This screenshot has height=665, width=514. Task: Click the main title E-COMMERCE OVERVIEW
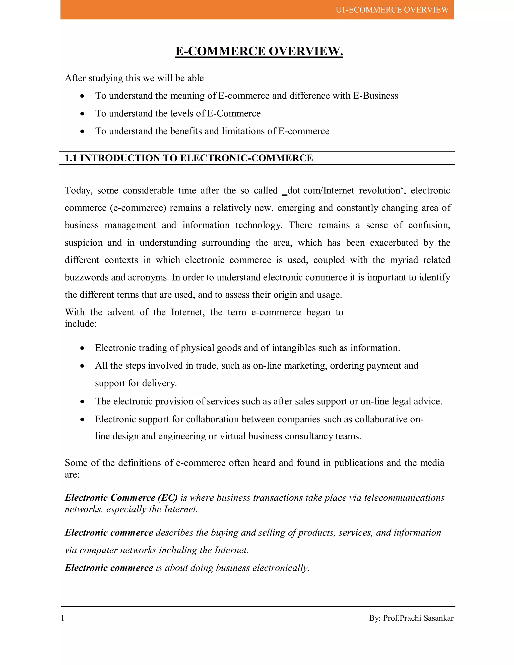[x=259, y=51]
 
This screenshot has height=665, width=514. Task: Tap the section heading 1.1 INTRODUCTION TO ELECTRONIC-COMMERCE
[x=189, y=158]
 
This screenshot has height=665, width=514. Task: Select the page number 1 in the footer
[x=63, y=618]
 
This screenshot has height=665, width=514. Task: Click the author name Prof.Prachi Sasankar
[x=418, y=618]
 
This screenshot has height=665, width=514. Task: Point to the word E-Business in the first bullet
[x=375, y=96]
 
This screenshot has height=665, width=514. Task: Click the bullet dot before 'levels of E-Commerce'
[x=82, y=114]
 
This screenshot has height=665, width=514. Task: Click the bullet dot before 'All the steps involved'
[x=82, y=366]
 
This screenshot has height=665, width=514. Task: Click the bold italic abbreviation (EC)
[x=167, y=498]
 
